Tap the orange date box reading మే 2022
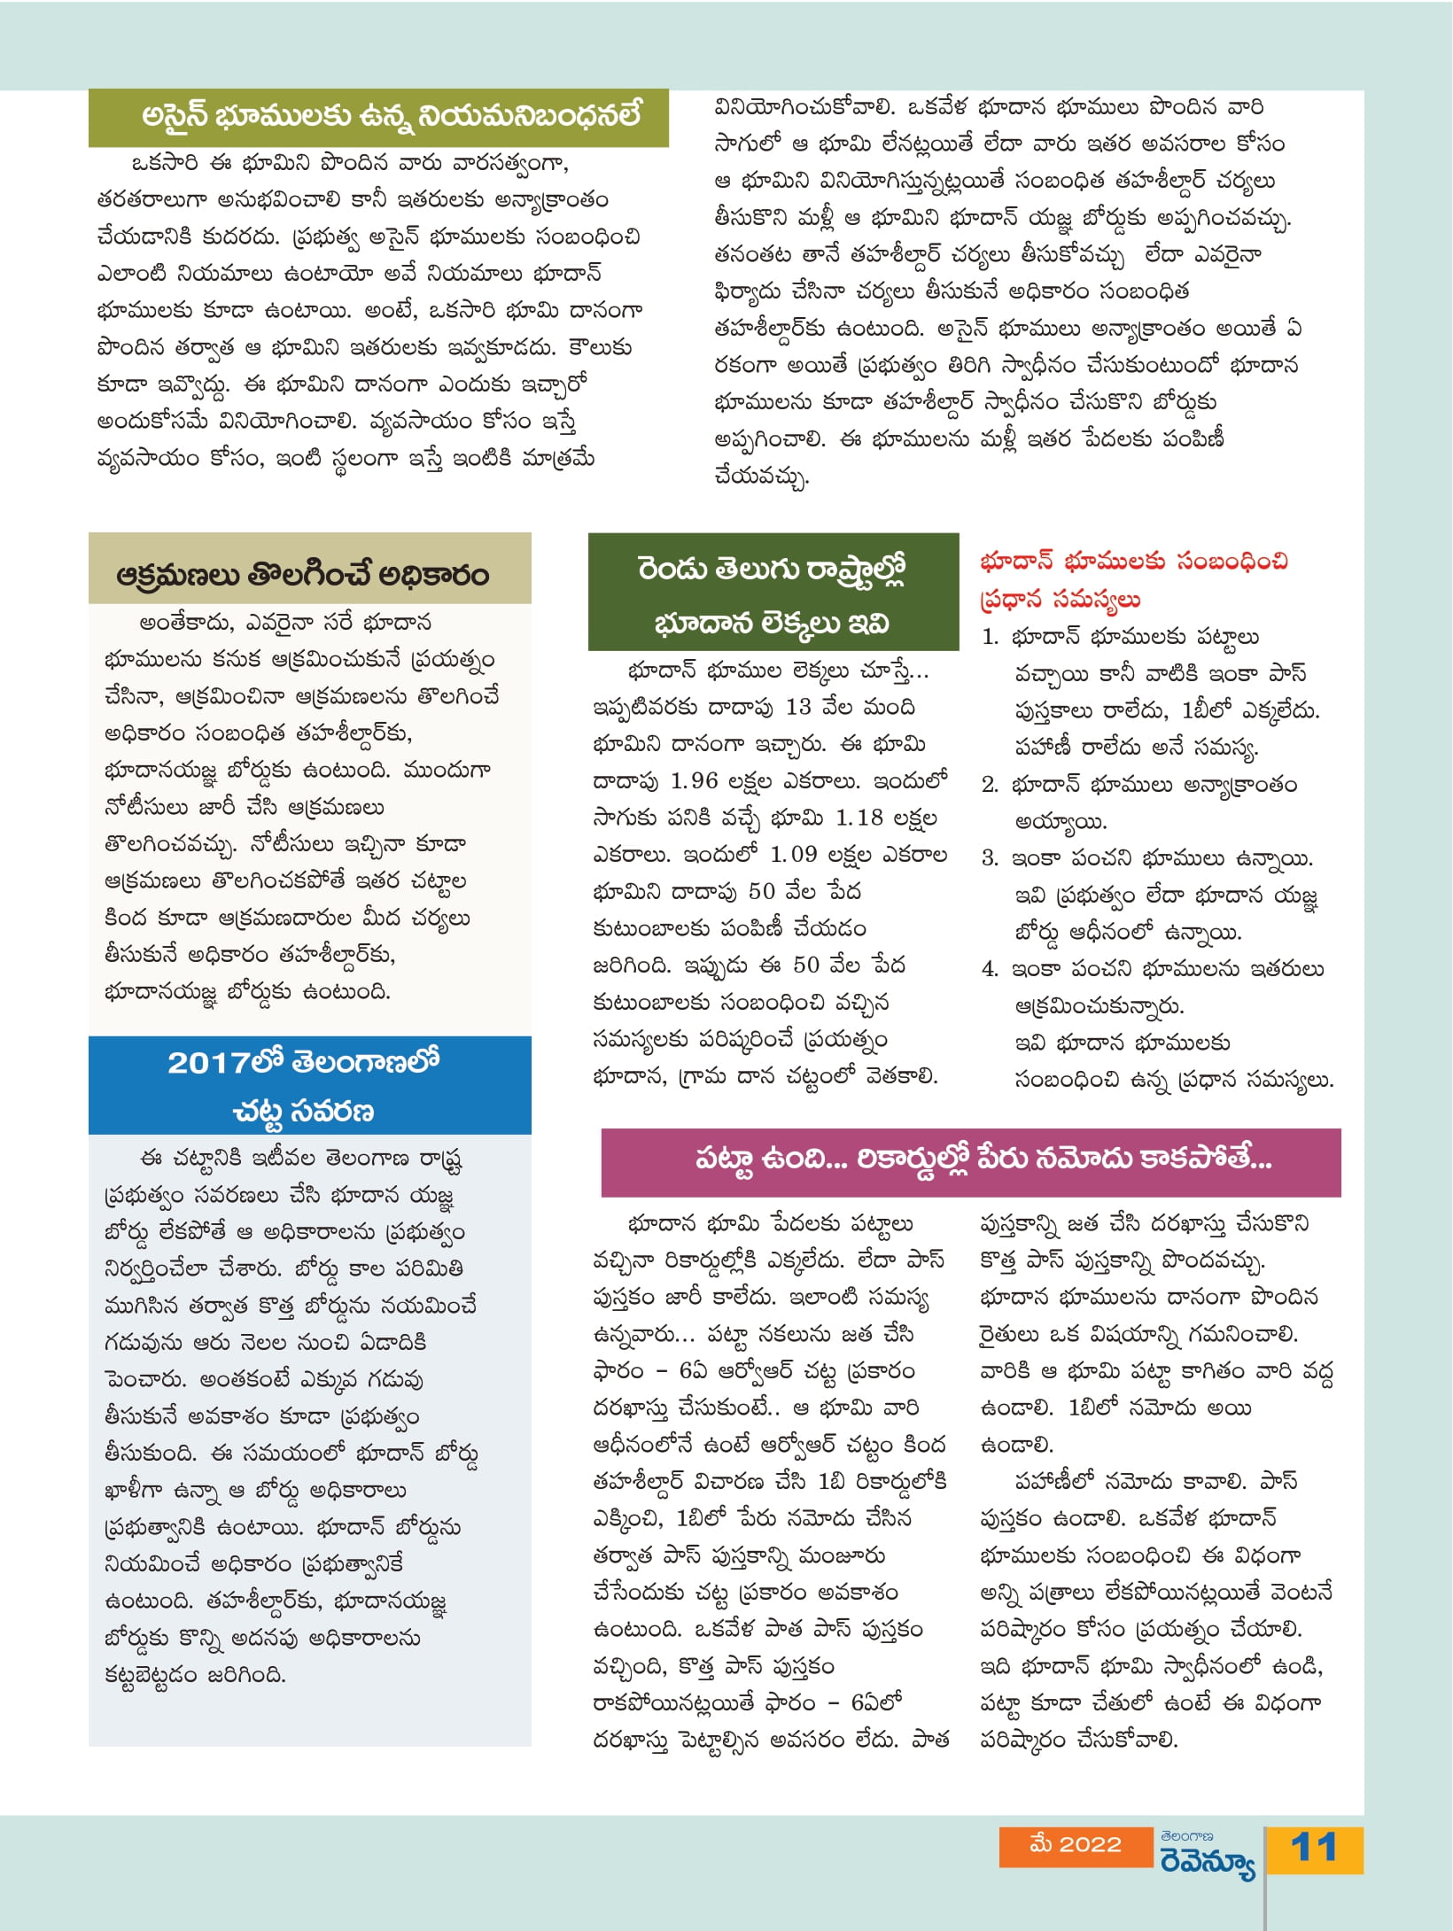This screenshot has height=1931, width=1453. [1076, 1845]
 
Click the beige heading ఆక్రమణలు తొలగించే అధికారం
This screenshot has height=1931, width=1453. [302, 575]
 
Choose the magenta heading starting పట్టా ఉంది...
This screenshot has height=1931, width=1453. [983, 1159]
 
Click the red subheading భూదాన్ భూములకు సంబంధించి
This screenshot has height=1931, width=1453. [1134, 561]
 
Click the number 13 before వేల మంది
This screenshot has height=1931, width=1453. [797, 707]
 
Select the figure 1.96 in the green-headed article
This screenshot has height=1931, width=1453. [694, 780]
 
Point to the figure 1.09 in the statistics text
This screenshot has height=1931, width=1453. [793, 855]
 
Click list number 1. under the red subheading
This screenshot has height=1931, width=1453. [990, 637]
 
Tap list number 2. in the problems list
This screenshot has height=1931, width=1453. [990, 785]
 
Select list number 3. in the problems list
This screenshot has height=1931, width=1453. [990, 858]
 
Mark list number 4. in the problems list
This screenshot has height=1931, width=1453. [990, 969]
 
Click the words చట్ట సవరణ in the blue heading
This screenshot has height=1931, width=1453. [304, 1111]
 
